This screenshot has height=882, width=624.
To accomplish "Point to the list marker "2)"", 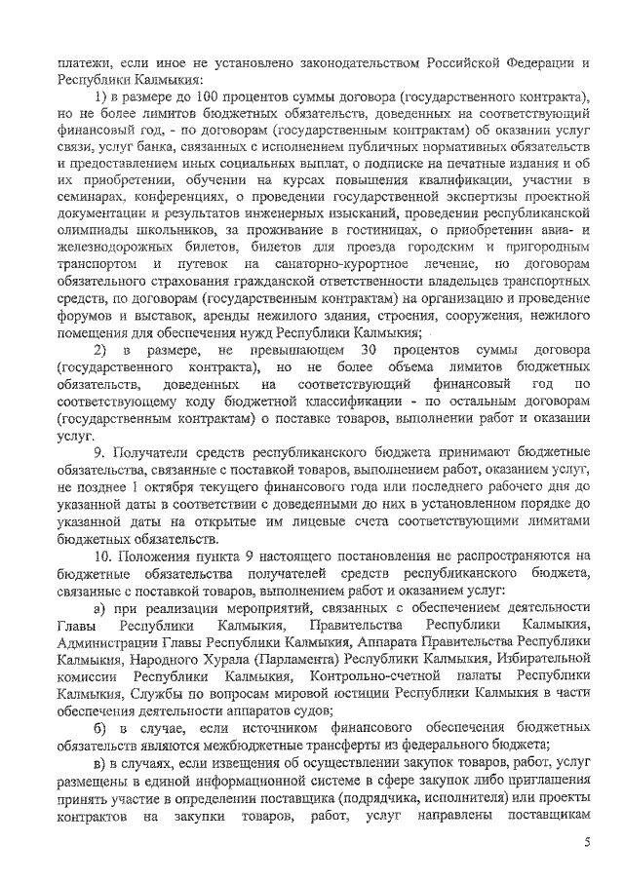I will [x=100, y=350].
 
